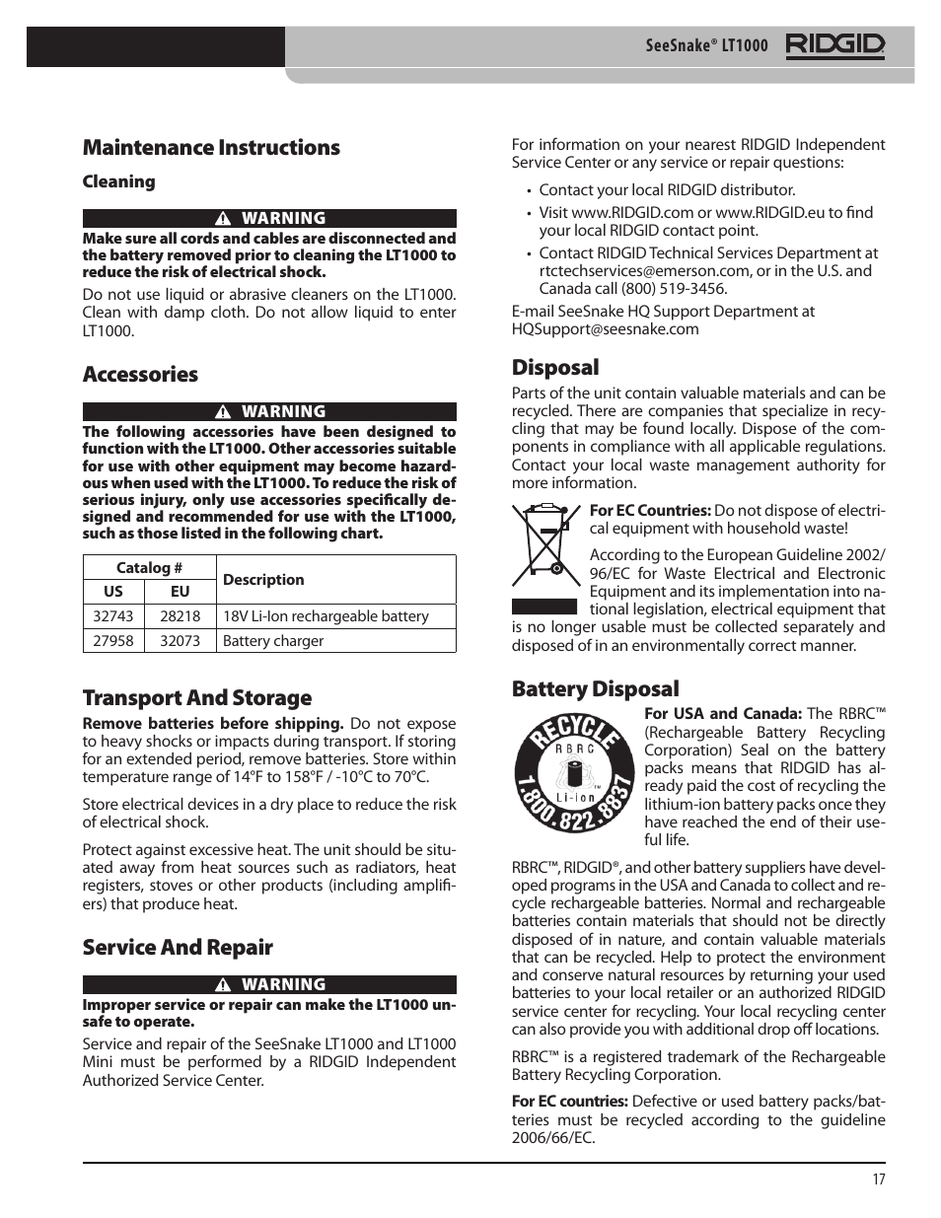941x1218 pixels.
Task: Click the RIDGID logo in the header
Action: pyautogui.click(x=834, y=45)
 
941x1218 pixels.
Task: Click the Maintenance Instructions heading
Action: pyautogui.click(x=211, y=148)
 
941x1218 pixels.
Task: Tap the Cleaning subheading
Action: pyautogui.click(x=118, y=181)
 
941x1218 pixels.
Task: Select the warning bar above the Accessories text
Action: pyautogui.click(x=269, y=412)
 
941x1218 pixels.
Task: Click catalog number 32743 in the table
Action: pyautogui.click(x=113, y=616)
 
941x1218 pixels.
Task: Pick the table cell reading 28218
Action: pyautogui.click(x=180, y=616)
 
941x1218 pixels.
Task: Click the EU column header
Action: pyautogui.click(x=180, y=592)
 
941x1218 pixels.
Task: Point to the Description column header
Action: pyautogui.click(x=263, y=580)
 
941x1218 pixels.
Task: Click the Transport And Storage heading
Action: pyautogui.click(x=197, y=698)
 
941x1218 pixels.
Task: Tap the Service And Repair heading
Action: pyautogui.click(x=178, y=948)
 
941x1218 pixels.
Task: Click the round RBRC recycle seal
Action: pyautogui.click(x=573, y=776)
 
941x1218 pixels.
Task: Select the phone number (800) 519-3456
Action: pyautogui.click(x=674, y=289)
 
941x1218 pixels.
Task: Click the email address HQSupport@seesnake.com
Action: pyautogui.click(x=605, y=329)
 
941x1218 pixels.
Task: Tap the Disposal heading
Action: pyautogui.click(x=555, y=368)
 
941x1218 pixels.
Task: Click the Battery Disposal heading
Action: pyautogui.click(x=595, y=689)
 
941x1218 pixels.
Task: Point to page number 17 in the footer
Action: pyautogui.click(x=878, y=1180)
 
